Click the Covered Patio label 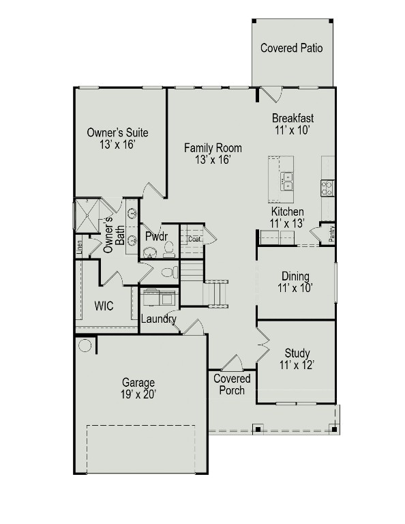[x=291, y=48]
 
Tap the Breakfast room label [x=292, y=117]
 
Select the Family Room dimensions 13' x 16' [x=213, y=160]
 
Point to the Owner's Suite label [x=117, y=133]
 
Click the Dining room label [x=295, y=276]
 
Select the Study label [x=297, y=353]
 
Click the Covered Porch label [x=232, y=384]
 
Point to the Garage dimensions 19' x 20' [x=138, y=395]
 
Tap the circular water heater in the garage [x=85, y=345]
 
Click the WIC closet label [x=104, y=306]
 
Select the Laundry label [x=158, y=319]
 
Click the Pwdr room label [x=151, y=236]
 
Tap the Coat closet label [x=194, y=239]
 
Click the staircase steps [x=217, y=293]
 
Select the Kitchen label [x=286, y=212]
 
